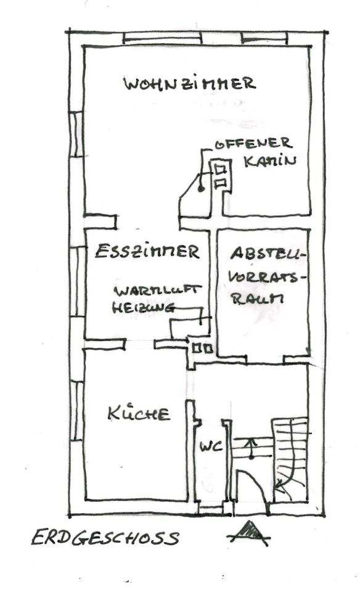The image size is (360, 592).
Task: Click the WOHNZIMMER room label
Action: pos(190,83)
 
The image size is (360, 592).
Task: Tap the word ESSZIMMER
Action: pos(147,251)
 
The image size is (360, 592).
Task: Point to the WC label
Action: pos(211,446)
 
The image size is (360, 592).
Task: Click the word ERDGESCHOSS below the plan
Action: pos(105,538)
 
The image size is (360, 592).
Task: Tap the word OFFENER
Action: pos(253,143)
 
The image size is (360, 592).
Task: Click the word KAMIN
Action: pos(270,161)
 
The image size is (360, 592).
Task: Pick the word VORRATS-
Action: pos(268,277)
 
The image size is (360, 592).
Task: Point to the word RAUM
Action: pos(257,298)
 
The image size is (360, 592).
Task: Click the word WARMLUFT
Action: pos(157,290)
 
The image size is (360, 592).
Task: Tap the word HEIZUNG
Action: pos(144,308)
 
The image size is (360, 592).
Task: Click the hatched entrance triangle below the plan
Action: pos(249,532)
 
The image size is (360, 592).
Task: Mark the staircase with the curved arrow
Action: pos(290,459)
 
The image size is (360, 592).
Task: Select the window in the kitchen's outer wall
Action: pos(76,411)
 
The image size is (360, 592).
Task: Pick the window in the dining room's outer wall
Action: pos(77,281)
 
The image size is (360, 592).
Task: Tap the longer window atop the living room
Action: pos(163,38)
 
